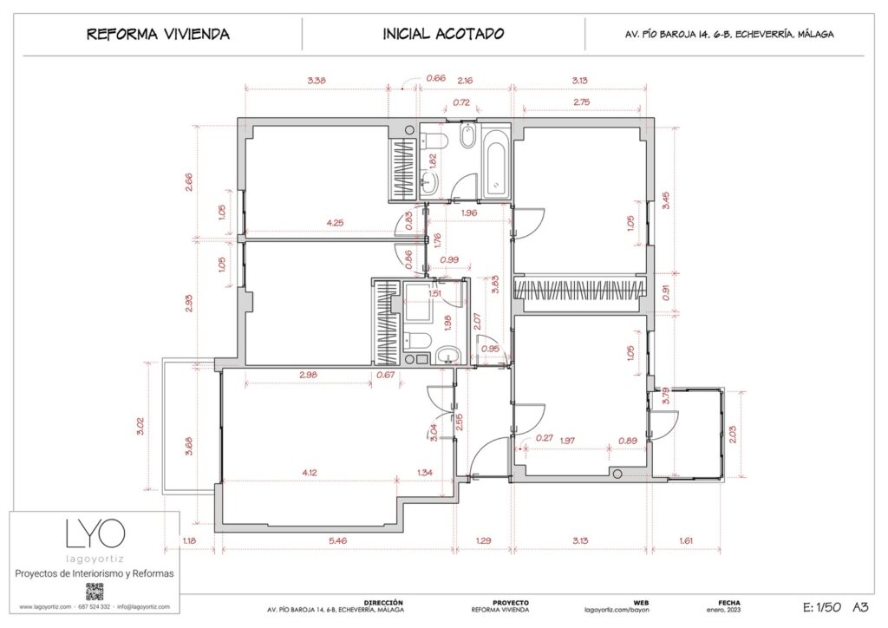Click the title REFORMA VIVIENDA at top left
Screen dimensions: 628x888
coord(158,35)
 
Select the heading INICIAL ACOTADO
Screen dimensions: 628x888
coord(443,35)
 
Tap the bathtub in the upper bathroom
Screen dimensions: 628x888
coord(497,165)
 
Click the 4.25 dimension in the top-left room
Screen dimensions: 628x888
coord(335,223)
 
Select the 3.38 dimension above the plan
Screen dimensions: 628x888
coord(317,81)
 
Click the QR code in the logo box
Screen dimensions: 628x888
coord(95,592)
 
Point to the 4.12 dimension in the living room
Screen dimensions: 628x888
coord(310,472)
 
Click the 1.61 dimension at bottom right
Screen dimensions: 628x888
coord(687,540)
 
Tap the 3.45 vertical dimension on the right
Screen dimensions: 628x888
coord(666,201)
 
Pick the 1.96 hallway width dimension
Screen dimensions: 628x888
coord(469,213)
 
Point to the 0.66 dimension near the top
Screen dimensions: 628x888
coord(434,79)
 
